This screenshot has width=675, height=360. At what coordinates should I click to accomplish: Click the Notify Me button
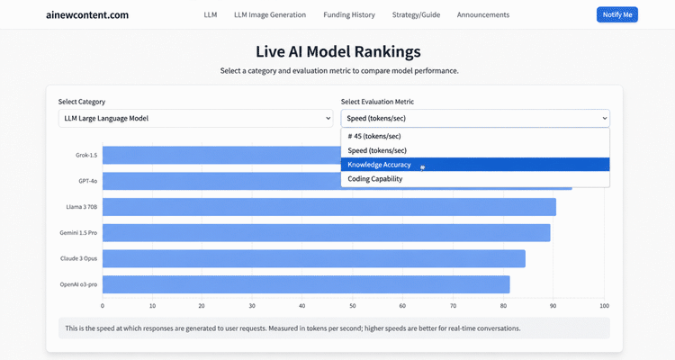coord(616,14)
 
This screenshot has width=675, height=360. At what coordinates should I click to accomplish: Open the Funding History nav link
coord(349,14)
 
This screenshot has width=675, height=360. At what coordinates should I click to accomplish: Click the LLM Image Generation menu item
coord(270,14)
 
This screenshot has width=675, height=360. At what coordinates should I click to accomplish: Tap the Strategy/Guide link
coord(416,14)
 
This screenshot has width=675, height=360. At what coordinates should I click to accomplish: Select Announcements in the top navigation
coord(483,14)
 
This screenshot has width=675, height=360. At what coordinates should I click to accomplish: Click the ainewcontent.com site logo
coord(87,15)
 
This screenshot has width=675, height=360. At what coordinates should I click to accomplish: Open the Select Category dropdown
coord(195,118)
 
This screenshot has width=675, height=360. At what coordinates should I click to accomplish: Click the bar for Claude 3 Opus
coord(314,258)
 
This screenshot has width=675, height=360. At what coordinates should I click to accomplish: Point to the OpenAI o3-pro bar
coord(306,284)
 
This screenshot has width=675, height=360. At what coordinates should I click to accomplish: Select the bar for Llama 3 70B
coord(329,207)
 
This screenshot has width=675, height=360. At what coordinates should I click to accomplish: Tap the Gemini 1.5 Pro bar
coord(327,232)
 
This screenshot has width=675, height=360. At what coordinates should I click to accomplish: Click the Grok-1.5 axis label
coord(86,155)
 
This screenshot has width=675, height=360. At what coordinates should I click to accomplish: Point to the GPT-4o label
coord(88,181)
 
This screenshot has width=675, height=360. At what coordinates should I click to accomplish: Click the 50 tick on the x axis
coord(353,306)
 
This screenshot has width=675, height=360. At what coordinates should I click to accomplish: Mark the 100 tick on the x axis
coord(605,306)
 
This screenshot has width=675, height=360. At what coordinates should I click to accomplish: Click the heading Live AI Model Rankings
coord(337,51)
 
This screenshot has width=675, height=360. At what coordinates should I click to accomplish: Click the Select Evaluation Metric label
coord(377,102)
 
